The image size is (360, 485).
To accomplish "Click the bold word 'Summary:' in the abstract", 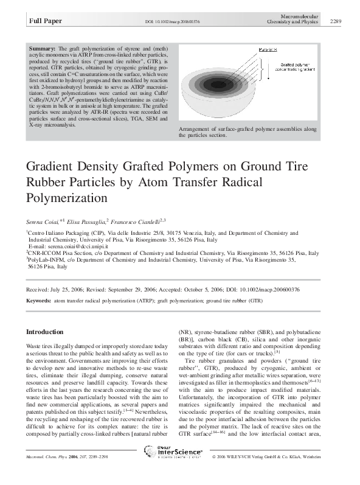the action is pos(43,48).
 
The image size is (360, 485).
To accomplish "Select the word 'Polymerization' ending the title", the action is pos(67,198).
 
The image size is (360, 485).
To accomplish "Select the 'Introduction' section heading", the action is pos(44,332).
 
